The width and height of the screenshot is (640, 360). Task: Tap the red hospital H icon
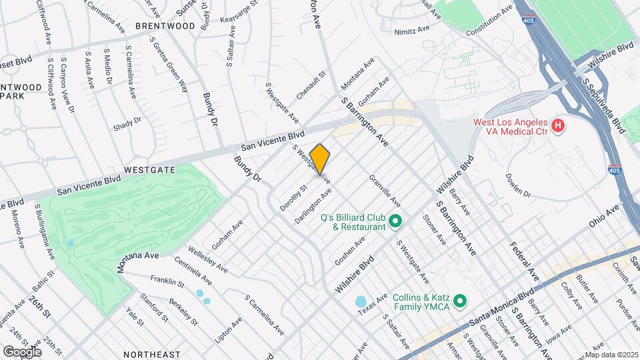559,125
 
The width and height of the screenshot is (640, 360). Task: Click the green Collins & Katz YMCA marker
459,302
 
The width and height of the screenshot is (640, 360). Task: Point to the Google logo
22,351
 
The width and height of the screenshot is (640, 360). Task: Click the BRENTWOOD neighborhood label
165,26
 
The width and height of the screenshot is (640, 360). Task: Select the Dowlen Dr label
517,186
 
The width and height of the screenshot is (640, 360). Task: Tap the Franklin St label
167,282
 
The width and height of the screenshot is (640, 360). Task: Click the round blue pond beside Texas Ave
361,302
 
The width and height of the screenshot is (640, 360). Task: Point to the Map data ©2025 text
611,355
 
